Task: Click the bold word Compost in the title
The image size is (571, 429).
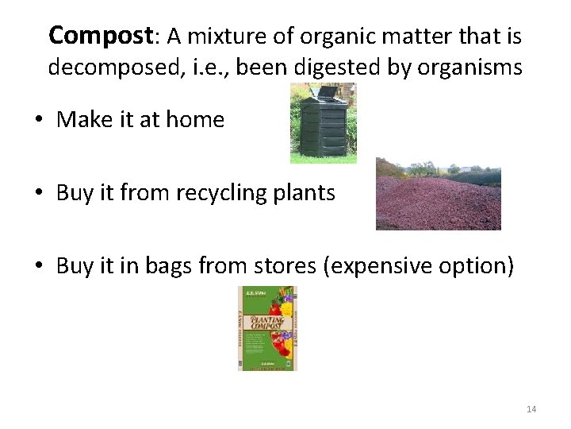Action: point(99,36)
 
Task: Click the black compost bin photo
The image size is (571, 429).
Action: point(323,123)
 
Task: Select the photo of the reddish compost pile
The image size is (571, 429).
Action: point(438,194)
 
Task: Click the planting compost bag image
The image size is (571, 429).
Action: point(266,328)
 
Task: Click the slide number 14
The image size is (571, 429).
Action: point(531,408)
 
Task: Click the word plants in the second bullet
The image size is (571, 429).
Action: point(306,193)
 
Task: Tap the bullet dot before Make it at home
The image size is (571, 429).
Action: point(37,121)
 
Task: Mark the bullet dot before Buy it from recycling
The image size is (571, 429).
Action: point(37,194)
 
